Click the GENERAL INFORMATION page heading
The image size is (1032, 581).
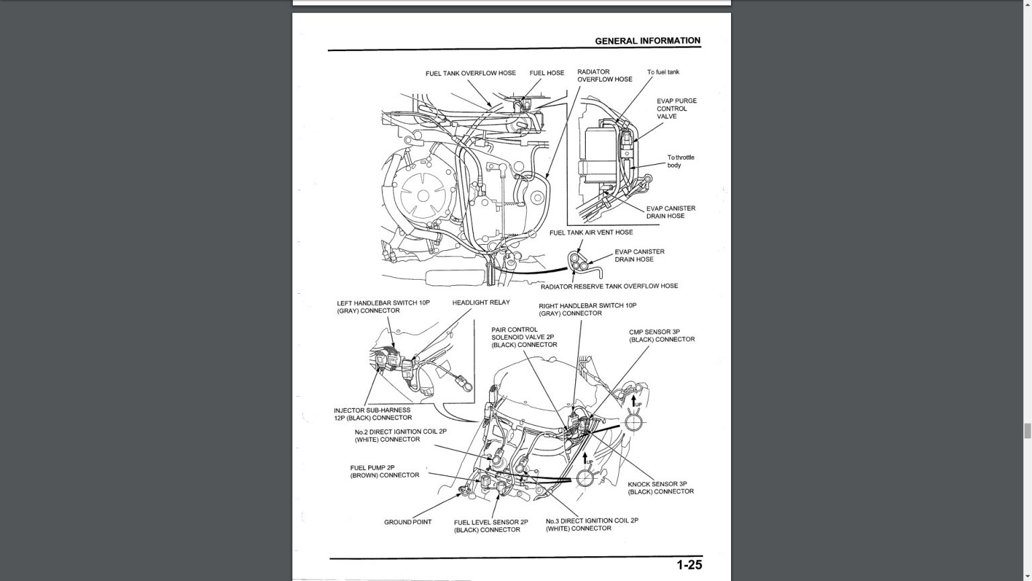[647, 41]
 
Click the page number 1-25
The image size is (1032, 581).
[689, 566]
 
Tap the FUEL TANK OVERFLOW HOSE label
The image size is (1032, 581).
[470, 73]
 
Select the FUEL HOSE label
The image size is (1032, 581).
[546, 73]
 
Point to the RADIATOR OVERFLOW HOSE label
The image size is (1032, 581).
[604, 75]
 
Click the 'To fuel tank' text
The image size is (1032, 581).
[662, 72]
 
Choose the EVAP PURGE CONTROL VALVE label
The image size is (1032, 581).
[676, 108]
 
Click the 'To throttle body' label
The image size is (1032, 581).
[680, 161]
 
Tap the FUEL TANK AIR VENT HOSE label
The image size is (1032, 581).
[591, 233]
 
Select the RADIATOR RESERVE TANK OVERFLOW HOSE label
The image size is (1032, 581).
[609, 286]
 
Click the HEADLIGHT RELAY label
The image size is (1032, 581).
[480, 303]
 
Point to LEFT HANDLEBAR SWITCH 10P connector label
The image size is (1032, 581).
[383, 307]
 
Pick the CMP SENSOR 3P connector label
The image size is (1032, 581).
[661, 336]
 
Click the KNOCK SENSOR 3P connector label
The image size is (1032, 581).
[660, 488]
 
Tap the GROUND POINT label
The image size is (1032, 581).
[407, 522]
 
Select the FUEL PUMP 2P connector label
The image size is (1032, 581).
[384, 471]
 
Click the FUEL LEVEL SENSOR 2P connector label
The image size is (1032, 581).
[490, 526]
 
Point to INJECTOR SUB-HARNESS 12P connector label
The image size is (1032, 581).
[372, 414]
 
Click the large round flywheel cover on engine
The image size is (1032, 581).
[423, 196]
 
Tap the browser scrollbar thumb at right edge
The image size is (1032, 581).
[1027, 431]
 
